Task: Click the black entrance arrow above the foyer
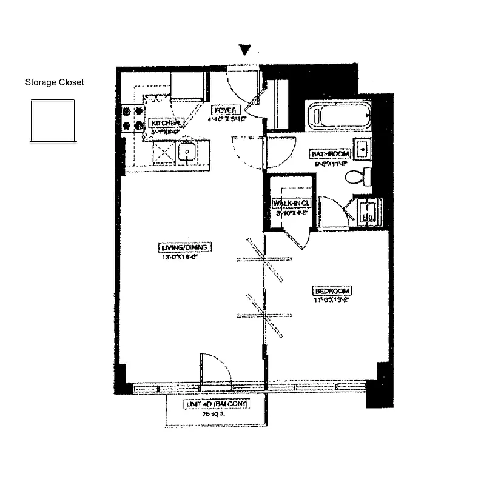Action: point(244,50)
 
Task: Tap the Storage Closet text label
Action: point(55,82)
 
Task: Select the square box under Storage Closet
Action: point(53,121)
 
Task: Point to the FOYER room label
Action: point(226,110)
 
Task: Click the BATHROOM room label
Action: point(330,153)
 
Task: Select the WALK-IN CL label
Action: point(292,203)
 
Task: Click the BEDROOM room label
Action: point(333,291)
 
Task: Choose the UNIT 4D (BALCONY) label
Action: point(216,404)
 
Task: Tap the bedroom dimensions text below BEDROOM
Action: point(332,299)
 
